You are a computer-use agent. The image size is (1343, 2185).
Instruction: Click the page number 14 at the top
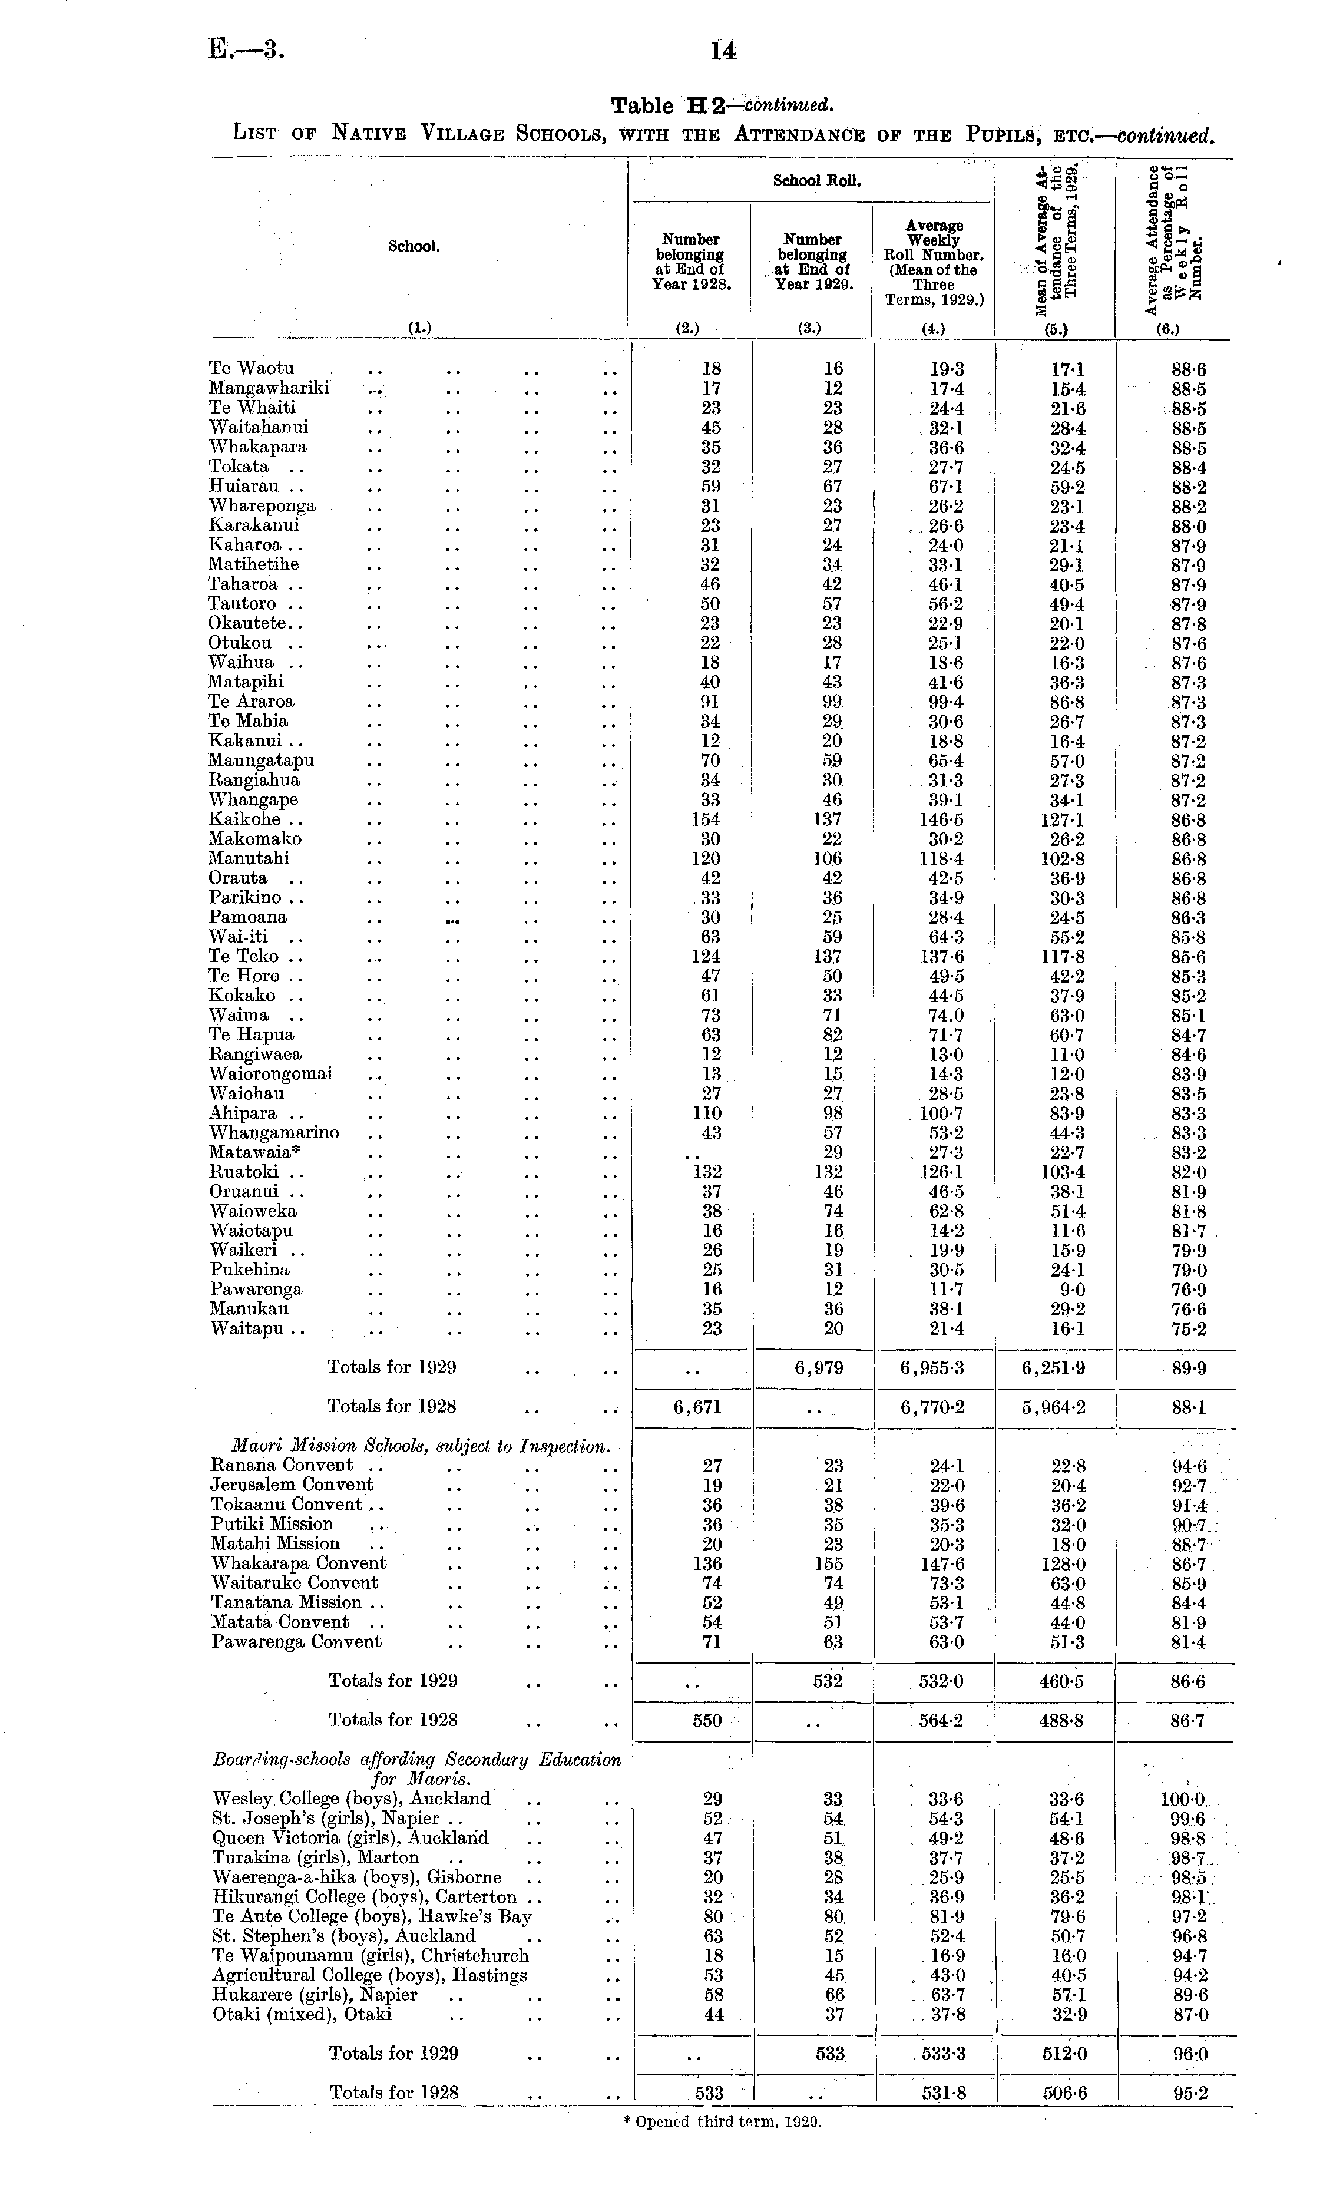coord(724,51)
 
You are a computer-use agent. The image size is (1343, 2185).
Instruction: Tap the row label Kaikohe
coord(244,819)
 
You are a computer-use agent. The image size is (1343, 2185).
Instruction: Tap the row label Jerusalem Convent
coord(292,1484)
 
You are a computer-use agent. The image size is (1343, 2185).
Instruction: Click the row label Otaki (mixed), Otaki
coord(302,2015)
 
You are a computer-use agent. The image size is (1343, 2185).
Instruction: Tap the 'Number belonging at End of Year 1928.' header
coord(690,262)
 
